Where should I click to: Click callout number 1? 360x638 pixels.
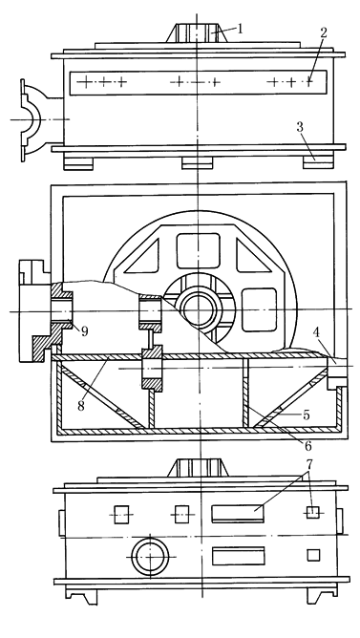click(x=242, y=28)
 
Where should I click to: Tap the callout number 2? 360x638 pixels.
click(x=325, y=32)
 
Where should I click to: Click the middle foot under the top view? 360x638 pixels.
click(x=195, y=160)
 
